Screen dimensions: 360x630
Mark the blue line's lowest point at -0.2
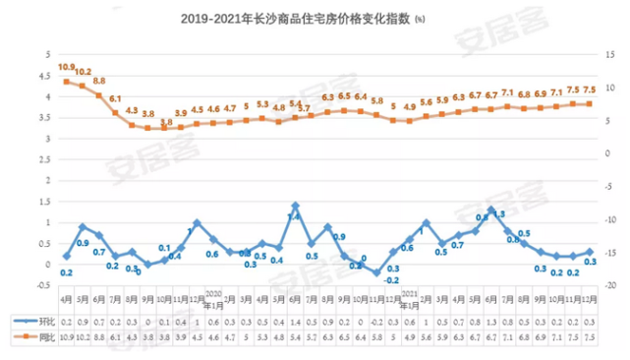point(376,272)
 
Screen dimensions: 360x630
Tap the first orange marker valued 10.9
point(66,82)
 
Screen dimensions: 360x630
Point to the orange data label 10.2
point(83,73)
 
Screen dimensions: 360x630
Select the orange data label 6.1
point(115,99)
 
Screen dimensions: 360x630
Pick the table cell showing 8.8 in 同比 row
point(98,336)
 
